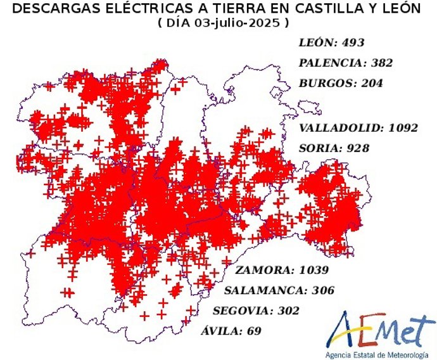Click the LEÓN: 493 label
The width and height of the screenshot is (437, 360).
329,43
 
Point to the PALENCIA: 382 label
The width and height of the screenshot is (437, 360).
346,63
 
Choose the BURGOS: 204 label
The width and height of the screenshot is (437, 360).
341,83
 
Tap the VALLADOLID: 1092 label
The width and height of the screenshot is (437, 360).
358,127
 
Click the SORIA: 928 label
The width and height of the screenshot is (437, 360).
334,148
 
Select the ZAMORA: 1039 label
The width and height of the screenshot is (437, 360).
282,271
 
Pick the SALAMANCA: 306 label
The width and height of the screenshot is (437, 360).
279,291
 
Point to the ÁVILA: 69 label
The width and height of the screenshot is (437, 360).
231,331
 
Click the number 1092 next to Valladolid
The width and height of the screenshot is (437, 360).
403,127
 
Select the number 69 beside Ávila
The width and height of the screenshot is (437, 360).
254,331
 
